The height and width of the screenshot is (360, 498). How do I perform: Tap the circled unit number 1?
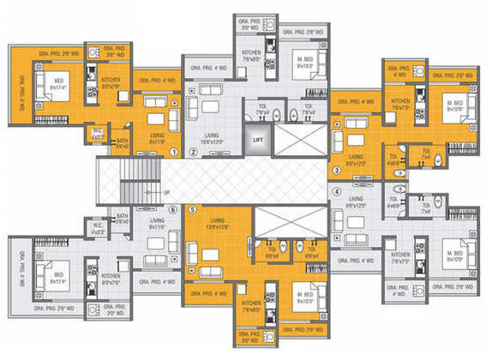pos(174,152)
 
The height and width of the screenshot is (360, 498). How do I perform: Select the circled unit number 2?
pos(194,153)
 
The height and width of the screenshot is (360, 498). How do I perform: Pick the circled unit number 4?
pos(337,192)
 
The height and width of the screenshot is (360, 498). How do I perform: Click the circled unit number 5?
pos(192,209)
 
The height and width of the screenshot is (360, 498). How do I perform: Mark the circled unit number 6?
pos(174,209)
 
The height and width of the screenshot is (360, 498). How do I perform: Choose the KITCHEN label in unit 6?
pos(110,278)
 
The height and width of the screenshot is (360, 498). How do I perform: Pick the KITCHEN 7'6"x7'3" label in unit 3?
pos(400,104)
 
